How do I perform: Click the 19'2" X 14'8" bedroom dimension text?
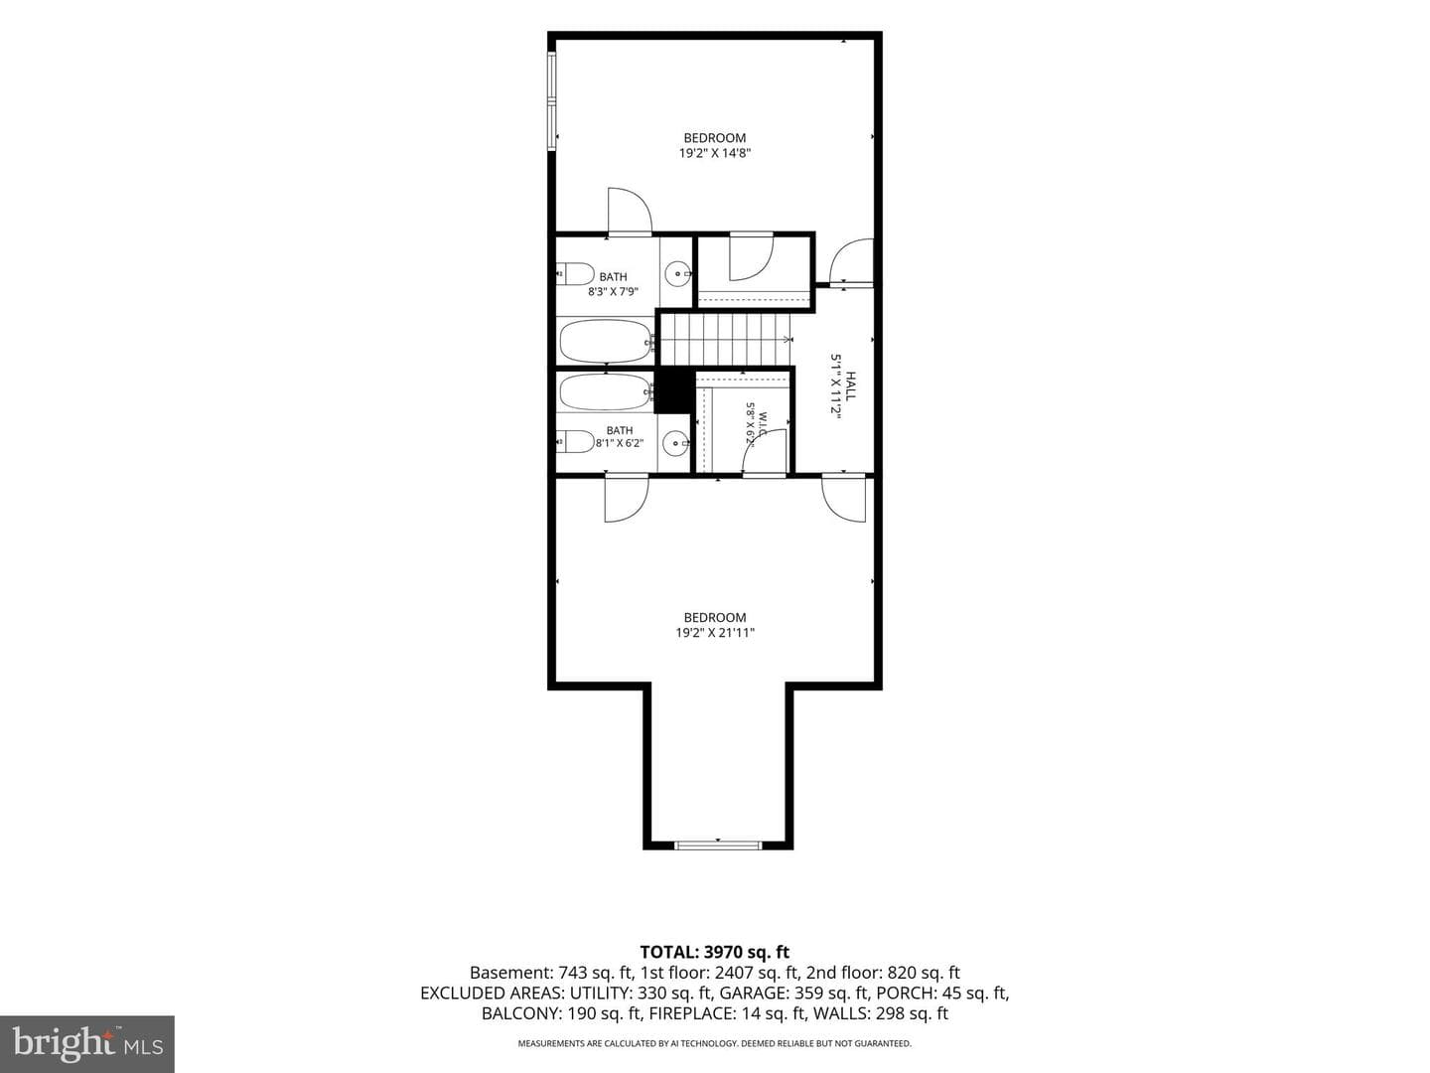(x=715, y=153)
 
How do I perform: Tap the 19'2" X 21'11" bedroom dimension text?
(x=715, y=633)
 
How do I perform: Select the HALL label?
(x=851, y=385)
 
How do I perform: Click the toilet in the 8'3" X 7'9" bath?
(x=575, y=273)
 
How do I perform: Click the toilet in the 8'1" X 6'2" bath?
(x=575, y=441)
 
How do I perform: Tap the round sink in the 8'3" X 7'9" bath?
(x=678, y=273)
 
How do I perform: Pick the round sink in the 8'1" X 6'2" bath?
(x=675, y=444)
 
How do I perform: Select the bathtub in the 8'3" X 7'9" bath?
(x=606, y=341)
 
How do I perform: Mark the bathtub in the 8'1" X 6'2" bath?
(x=606, y=391)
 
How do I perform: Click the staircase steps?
(x=725, y=340)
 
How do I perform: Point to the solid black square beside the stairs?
(x=674, y=390)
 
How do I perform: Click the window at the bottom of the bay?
(x=718, y=845)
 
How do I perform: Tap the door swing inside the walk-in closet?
(x=765, y=451)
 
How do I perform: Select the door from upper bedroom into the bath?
(x=630, y=211)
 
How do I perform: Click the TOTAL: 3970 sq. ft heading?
(x=715, y=953)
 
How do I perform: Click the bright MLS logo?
(x=86, y=1043)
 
